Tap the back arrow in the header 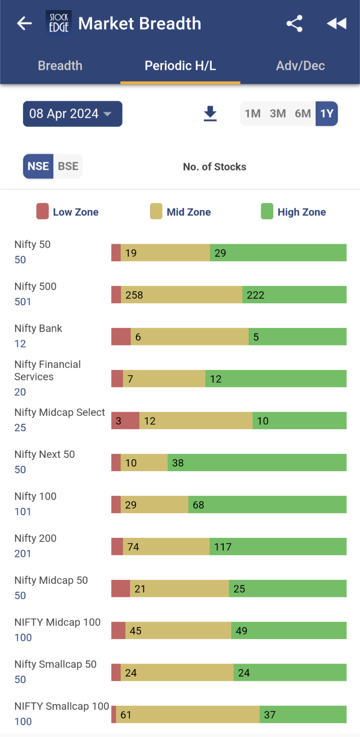25,23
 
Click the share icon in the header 295,23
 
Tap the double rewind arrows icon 337,23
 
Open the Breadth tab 60,66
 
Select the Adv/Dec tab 300,66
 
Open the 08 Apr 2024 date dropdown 72,114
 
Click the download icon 210,114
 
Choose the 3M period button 277,114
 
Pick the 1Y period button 327,114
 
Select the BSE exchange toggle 68,166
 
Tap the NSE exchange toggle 38,166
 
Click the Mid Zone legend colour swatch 156,211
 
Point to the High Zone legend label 301,212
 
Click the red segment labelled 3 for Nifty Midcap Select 125,420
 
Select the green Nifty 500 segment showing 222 294,295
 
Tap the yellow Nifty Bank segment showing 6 190,337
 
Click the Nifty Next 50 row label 45,454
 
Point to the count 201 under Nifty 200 22,554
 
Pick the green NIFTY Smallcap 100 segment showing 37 303,715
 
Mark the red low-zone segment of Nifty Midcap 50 120,588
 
